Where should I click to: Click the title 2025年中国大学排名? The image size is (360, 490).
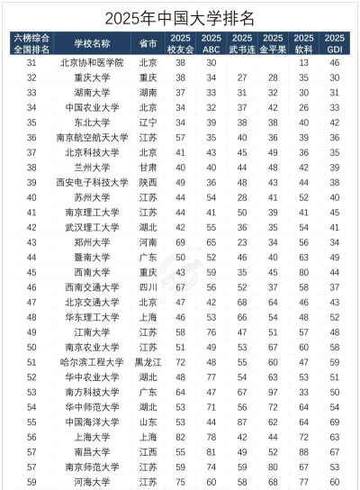tap(180, 16)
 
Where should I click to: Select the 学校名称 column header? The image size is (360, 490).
tap(92, 43)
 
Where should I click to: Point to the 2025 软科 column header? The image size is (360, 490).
tap(304, 43)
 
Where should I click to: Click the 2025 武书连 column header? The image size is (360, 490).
tap(242, 43)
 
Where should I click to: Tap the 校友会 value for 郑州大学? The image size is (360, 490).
tap(181, 241)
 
